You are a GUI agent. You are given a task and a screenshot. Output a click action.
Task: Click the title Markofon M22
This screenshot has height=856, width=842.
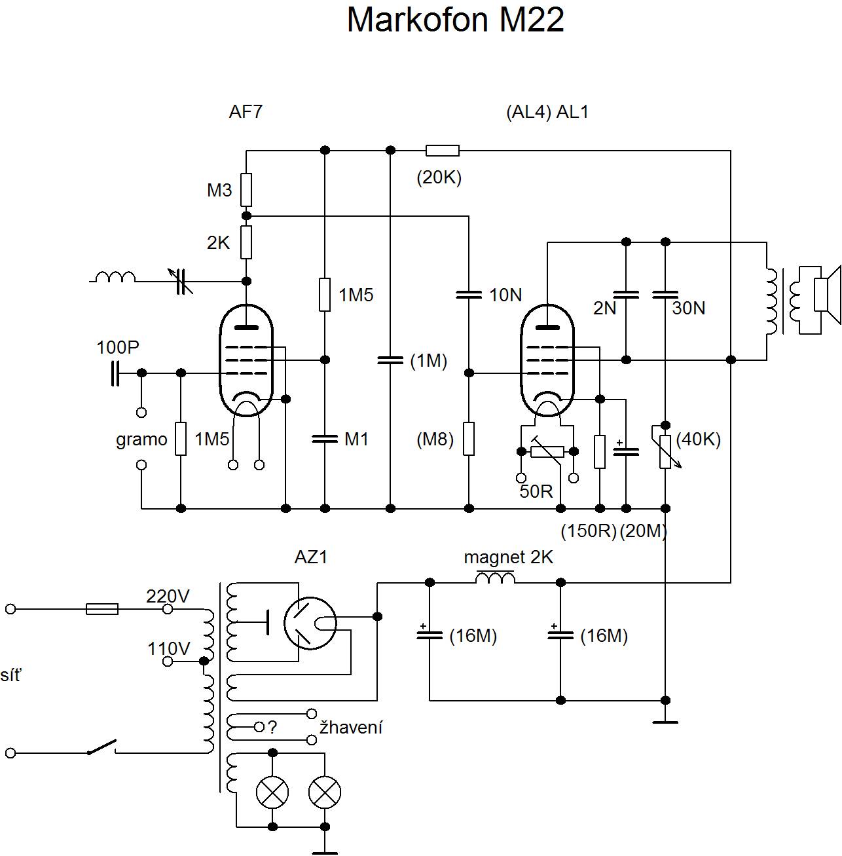point(455,20)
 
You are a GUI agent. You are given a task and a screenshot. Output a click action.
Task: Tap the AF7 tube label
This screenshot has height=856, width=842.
point(246,112)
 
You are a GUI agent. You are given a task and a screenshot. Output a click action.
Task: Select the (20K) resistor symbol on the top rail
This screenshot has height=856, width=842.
point(443,151)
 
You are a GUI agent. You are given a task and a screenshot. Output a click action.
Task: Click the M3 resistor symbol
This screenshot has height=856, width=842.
point(246,190)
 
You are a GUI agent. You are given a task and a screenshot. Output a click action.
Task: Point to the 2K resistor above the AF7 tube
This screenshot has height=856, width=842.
point(246,242)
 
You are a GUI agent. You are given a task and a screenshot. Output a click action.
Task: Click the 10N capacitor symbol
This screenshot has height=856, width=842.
point(469,295)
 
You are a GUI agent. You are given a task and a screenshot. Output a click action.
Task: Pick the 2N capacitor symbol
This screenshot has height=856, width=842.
point(626,295)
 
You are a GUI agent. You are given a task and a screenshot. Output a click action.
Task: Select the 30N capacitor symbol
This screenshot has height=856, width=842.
point(665,295)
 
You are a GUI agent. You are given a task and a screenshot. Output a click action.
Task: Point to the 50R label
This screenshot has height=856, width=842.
point(536,491)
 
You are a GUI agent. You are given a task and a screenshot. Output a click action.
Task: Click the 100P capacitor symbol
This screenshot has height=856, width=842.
point(115,373)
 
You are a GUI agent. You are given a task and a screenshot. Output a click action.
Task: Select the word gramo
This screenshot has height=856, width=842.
point(141,439)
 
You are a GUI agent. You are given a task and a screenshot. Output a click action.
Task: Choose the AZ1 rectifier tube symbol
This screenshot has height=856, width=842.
point(310,623)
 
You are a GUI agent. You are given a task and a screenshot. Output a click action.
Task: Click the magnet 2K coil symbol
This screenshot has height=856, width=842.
point(495,578)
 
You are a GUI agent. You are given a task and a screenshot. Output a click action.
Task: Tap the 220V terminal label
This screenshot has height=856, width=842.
point(168,596)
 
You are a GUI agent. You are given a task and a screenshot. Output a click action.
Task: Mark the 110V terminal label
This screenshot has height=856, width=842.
point(168,648)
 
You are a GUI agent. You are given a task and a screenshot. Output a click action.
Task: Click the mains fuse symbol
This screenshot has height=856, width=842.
point(103,609)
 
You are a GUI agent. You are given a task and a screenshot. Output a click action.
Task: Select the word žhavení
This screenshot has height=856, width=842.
point(351,728)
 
